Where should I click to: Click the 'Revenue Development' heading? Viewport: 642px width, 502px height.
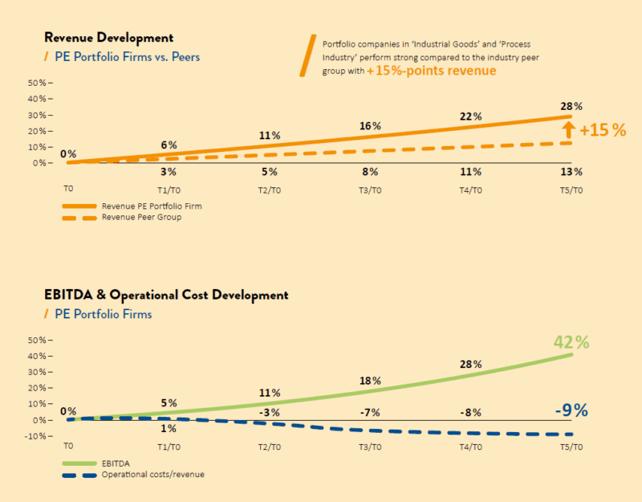(108, 38)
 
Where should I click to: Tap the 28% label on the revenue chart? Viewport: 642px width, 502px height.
(571, 107)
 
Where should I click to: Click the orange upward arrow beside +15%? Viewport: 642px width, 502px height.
(568, 129)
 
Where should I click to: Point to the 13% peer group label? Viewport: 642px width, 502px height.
(571, 172)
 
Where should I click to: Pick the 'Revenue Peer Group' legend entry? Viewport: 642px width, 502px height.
(141, 218)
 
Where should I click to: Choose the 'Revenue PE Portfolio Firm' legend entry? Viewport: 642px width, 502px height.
(152, 206)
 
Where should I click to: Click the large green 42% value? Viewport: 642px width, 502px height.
(571, 341)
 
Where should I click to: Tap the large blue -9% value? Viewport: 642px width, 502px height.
(571, 410)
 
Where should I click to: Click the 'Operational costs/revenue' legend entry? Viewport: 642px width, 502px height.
(152, 475)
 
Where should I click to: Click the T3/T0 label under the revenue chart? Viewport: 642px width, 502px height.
(370, 190)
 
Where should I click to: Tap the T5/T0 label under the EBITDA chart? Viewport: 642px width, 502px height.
(571, 447)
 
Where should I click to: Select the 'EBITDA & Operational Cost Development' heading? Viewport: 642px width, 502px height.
(165, 295)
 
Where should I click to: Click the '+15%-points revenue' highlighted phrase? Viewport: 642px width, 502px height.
(432, 71)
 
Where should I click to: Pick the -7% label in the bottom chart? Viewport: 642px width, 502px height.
(370, 413)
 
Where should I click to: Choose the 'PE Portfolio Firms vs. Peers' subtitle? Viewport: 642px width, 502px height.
(127, 57)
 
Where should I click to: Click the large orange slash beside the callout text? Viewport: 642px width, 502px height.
(307, 55)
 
